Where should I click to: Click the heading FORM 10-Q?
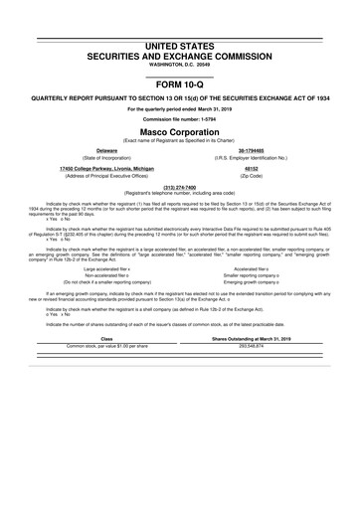(179, 85)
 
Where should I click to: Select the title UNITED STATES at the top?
(179, 47)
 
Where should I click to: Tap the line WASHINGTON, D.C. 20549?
(179, 66)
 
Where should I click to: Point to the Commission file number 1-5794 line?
(179, 121)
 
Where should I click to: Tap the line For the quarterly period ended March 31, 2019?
(179, 109)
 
